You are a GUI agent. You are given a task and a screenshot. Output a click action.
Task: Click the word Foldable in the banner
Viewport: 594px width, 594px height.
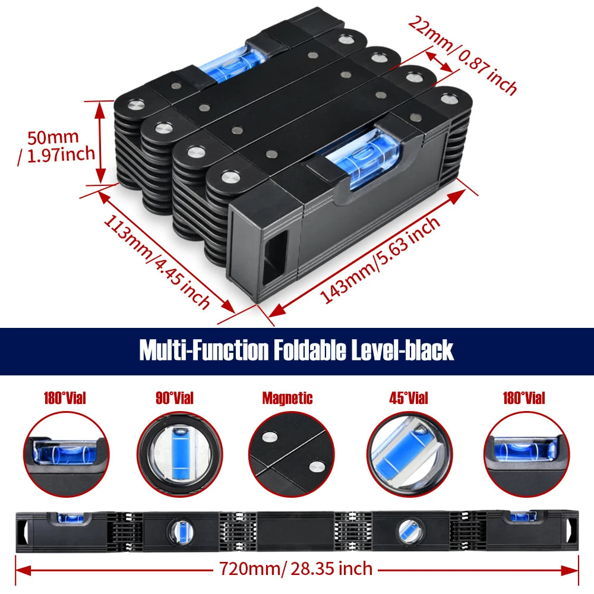coord(309,350)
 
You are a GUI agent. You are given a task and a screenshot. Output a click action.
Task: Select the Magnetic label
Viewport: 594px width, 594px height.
coord(287,398)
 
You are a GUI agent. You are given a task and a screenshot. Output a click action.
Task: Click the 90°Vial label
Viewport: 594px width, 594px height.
coord(174,398)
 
